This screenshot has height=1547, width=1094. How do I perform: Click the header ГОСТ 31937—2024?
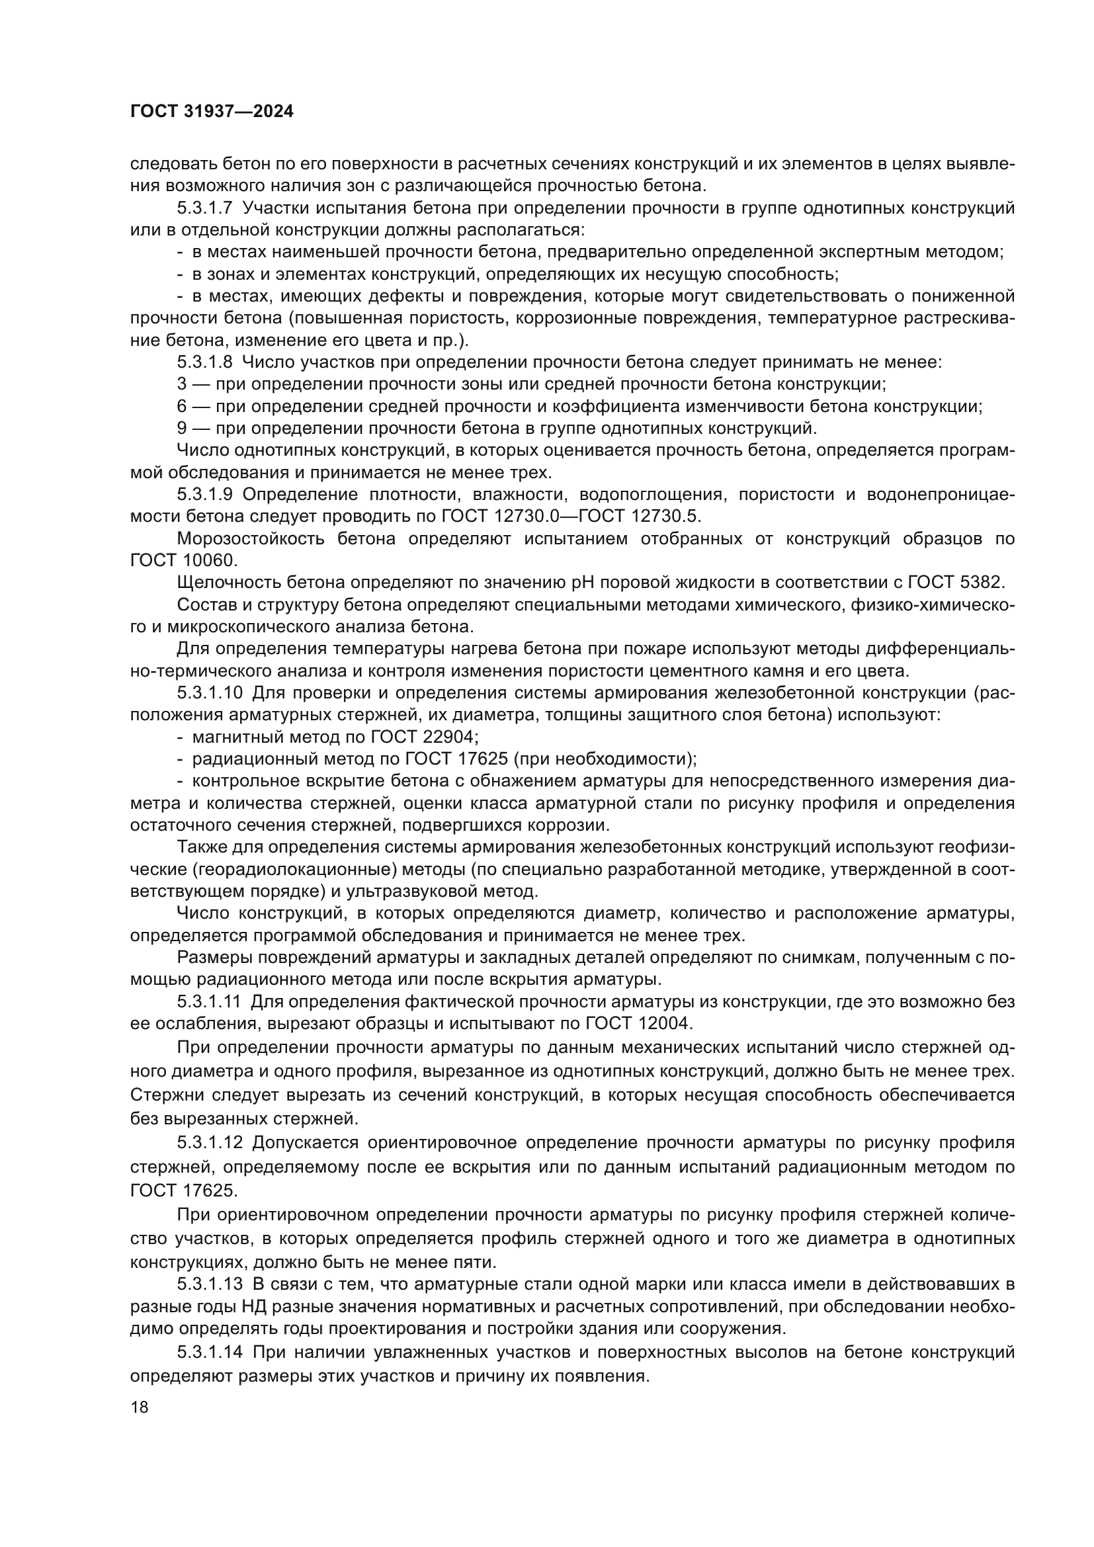click(x=212, y=111)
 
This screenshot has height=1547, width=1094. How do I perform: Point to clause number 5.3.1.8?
click(x=205, y=362)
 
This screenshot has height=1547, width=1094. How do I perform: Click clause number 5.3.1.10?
click(x=210, y=693)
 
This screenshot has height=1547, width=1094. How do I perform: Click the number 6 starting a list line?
click(x=182, y=407)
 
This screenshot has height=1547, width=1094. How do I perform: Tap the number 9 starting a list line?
click(x=182, y=429)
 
